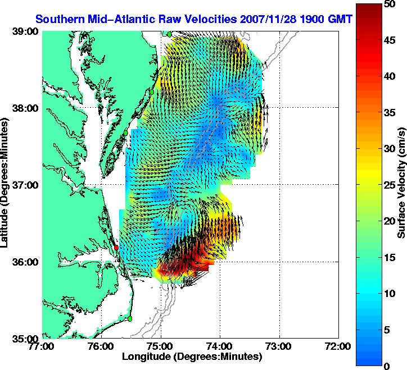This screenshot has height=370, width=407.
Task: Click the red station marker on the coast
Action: (x=116, y=247)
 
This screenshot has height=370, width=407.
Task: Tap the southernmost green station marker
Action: (x=129, y=318)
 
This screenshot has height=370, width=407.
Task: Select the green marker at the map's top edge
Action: (x=169, y=34)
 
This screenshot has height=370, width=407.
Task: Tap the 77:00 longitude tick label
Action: (x=43, y=346)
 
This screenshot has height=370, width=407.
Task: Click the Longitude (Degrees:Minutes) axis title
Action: (x=192, y=357)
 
